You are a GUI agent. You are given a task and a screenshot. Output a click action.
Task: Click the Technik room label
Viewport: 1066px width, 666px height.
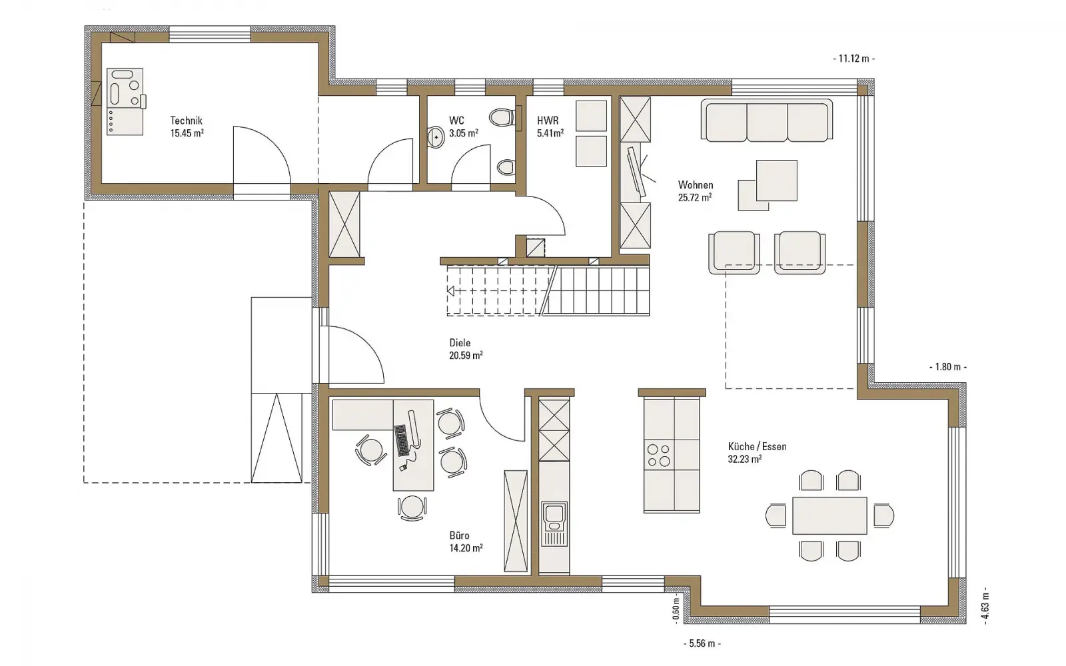[x=186, y=121]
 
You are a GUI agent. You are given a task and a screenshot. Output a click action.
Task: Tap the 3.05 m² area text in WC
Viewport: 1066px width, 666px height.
[x=464, y=133]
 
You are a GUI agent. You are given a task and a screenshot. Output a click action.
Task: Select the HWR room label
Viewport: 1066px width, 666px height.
[x=548, y=121]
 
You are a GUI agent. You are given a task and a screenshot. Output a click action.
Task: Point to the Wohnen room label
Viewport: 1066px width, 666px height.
[x=696, y=184]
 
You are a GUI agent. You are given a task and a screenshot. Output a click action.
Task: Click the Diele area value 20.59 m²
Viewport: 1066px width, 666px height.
[x=466, y=355]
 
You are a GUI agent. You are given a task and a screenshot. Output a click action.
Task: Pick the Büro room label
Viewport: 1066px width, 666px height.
[x=459, y=535]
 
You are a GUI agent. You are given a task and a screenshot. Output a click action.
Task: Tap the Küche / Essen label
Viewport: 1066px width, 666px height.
[x=757, y=447]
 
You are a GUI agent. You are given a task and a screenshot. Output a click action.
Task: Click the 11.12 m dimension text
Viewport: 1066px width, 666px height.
[x=854, y=59]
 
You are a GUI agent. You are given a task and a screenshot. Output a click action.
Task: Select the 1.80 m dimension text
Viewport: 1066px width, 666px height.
[x=948, y=367]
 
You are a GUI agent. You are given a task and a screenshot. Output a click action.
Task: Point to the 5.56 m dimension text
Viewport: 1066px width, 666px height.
[x=702, y=643]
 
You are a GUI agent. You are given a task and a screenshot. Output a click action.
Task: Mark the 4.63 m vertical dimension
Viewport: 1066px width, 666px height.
[x=985, y=605]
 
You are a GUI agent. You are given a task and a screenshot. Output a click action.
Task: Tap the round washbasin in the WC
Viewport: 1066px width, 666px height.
[x=436, y=137]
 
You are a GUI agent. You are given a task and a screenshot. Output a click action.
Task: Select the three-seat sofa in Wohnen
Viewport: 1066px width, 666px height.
[x=767, y=121]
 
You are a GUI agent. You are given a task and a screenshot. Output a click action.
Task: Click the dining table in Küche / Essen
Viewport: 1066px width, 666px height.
[x=829, y=515]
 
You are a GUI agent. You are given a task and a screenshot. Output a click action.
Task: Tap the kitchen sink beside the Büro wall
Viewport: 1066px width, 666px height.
[x=554, y=523]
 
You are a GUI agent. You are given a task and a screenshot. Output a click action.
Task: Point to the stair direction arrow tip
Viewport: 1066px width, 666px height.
[x=448, y=291]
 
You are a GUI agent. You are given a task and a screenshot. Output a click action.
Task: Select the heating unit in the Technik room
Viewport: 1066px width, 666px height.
[x=125, y=101]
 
